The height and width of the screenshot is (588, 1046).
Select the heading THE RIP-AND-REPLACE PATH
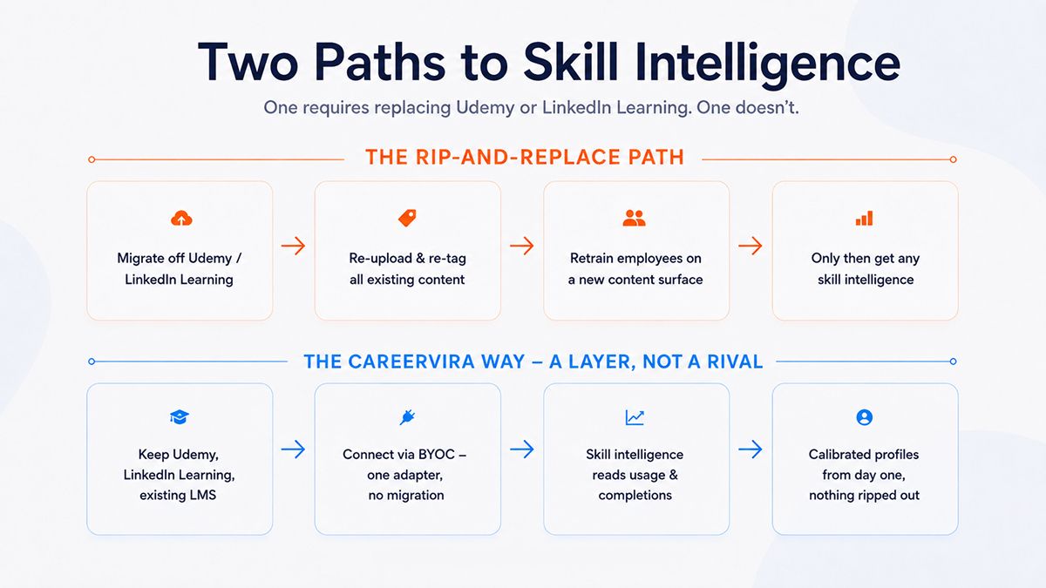point(525,158)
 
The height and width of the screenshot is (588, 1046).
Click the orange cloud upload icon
point(181,218)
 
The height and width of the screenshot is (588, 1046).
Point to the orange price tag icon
point(407,218)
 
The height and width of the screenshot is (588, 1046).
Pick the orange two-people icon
point(635,218)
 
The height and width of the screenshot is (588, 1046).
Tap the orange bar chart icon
point(864,218)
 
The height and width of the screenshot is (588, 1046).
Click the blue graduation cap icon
point(180,416)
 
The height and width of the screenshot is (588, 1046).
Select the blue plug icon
point(407,416)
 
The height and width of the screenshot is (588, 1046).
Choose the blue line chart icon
point(635,417)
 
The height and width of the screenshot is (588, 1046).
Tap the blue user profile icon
point(865,417)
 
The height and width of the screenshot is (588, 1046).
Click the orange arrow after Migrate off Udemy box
point(293,246)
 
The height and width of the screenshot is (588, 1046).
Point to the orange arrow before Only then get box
point(751,246)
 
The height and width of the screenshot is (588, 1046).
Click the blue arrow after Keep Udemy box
point(293,449)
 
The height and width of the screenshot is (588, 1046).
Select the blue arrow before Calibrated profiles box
point(751,449)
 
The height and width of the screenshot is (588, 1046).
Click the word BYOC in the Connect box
point(436,455)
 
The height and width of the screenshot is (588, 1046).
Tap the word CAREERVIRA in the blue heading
point(411,362)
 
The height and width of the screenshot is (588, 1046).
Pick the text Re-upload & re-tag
point(407,258)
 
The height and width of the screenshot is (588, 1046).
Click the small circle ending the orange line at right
point(953,159)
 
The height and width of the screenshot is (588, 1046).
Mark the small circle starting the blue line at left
point(92,362)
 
